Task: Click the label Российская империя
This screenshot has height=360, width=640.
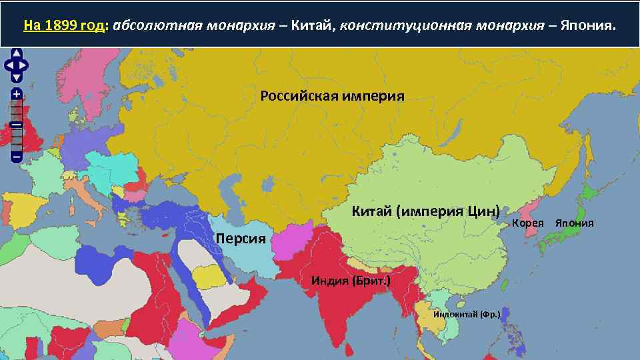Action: [332, 95]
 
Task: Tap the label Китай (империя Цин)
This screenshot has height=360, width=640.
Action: [425, 212]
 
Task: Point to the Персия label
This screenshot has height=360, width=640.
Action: [241, 239]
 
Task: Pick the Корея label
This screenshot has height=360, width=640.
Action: [528, 223]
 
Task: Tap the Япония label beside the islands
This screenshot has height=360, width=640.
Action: [574, 223]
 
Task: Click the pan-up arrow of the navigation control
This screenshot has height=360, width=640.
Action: [17, 54]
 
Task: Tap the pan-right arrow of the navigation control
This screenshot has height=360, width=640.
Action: [25, 65]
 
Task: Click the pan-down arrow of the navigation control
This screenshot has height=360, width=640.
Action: [17, 75]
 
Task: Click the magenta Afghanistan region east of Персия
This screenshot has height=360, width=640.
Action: [293, 244]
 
